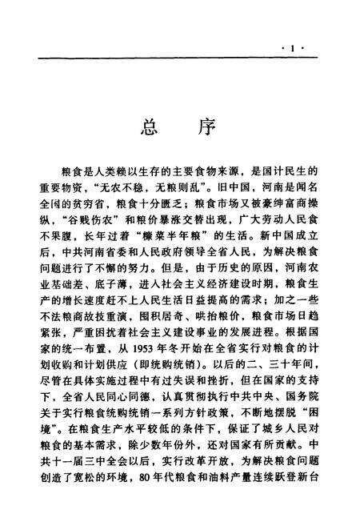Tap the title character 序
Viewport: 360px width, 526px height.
(205, 128)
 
